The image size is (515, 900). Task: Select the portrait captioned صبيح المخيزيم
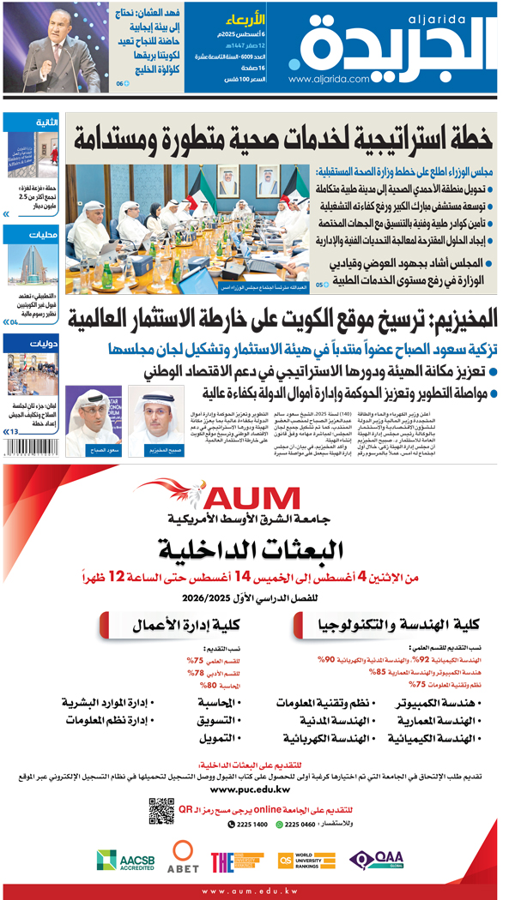[155, 419]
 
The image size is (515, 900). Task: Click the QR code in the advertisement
[161, 809]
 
